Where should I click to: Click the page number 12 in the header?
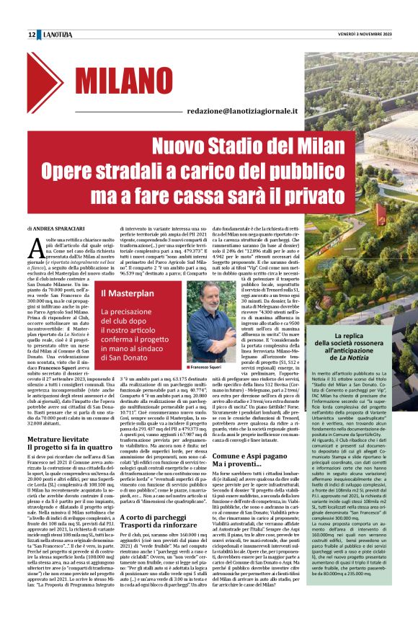click(32, 35)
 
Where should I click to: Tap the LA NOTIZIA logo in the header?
click(57, 35)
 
